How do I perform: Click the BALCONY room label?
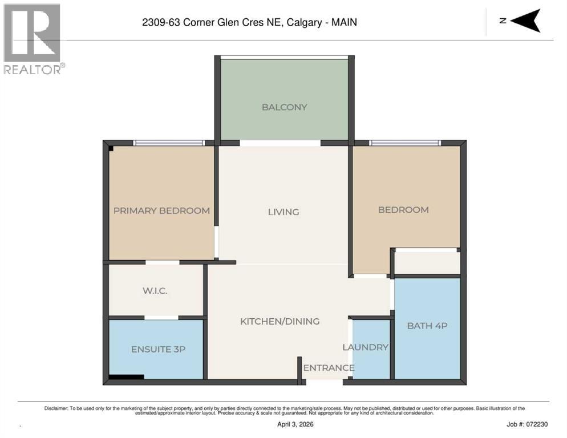284,107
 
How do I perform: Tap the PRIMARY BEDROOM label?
161,210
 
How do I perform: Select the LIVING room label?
283,212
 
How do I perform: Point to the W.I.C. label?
155,291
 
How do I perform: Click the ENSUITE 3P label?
158,350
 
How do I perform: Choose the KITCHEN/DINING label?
280,321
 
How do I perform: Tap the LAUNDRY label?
365,347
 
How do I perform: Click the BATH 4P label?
427,326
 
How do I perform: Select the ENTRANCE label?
329,368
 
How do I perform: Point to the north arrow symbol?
525,21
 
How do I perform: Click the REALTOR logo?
33,39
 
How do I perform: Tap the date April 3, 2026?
295,424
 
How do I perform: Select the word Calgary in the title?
304,22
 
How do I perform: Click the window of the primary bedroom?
169,143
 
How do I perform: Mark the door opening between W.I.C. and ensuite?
161,318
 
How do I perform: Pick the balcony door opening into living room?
280,143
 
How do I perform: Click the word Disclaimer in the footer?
56,408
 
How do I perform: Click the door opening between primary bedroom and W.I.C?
163,262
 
